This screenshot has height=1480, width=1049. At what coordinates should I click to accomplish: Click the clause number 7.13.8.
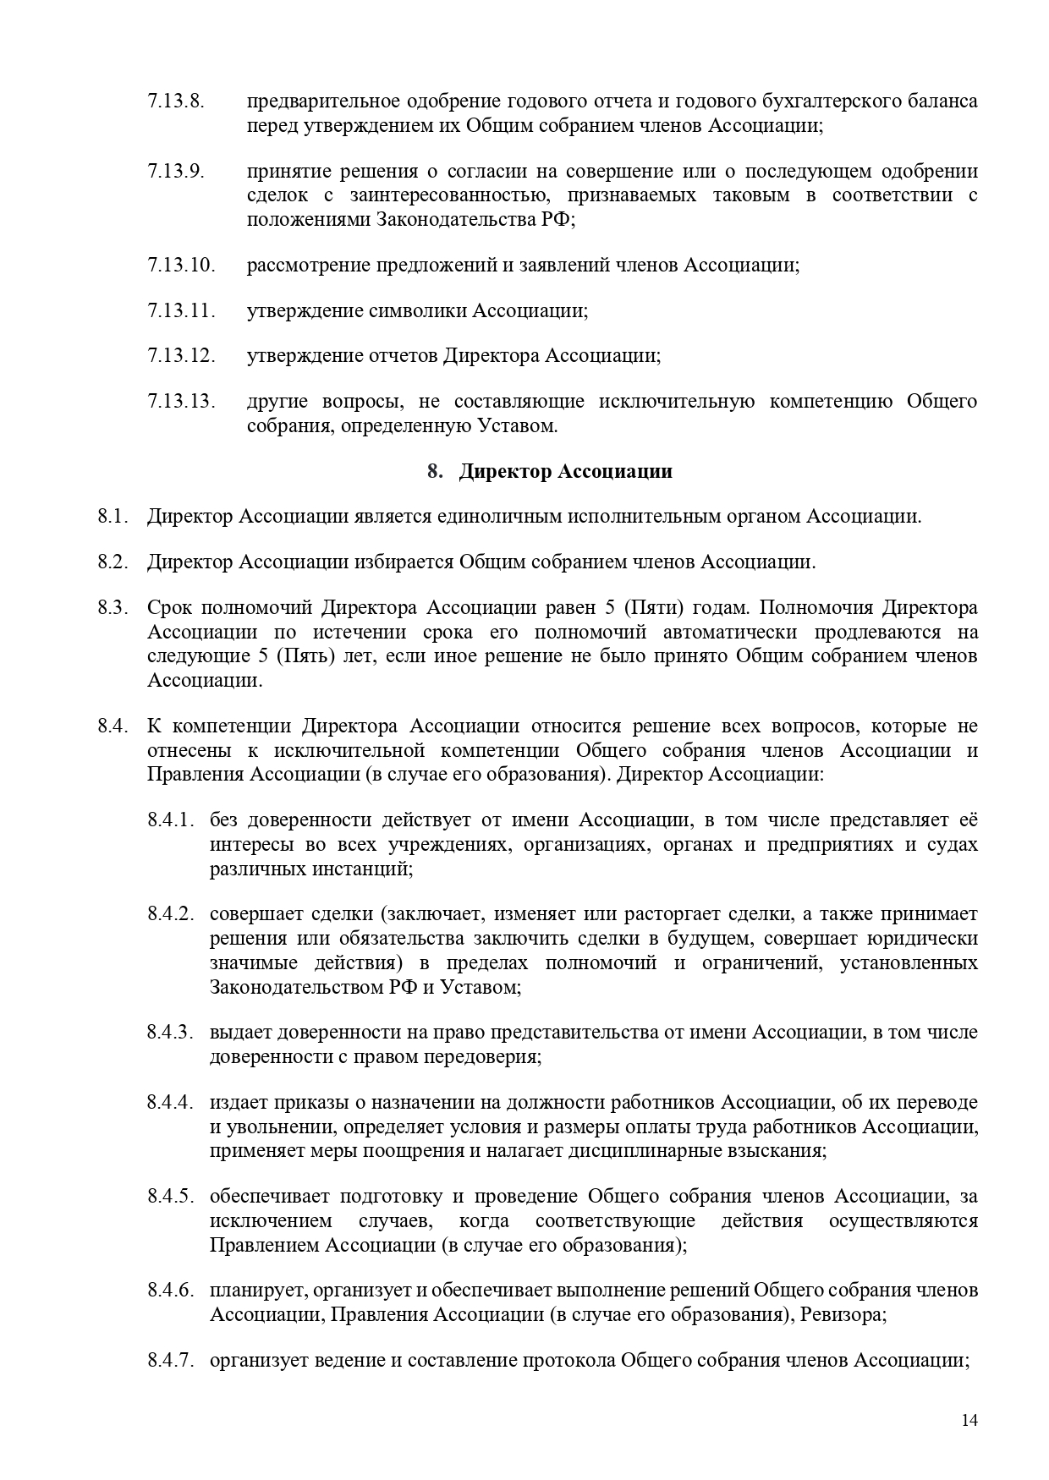176,101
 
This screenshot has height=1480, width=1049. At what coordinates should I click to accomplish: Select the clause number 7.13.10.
181,265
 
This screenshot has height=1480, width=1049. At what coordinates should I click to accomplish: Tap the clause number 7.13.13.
181,401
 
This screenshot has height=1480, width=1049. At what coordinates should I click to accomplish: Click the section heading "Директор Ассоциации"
565,471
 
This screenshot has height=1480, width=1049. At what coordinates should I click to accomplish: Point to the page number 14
969,1420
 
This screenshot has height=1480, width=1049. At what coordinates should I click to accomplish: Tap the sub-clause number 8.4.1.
172,819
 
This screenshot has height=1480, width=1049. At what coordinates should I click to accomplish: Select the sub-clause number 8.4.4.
172,1102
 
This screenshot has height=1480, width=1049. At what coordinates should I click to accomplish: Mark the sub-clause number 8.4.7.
172,1361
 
